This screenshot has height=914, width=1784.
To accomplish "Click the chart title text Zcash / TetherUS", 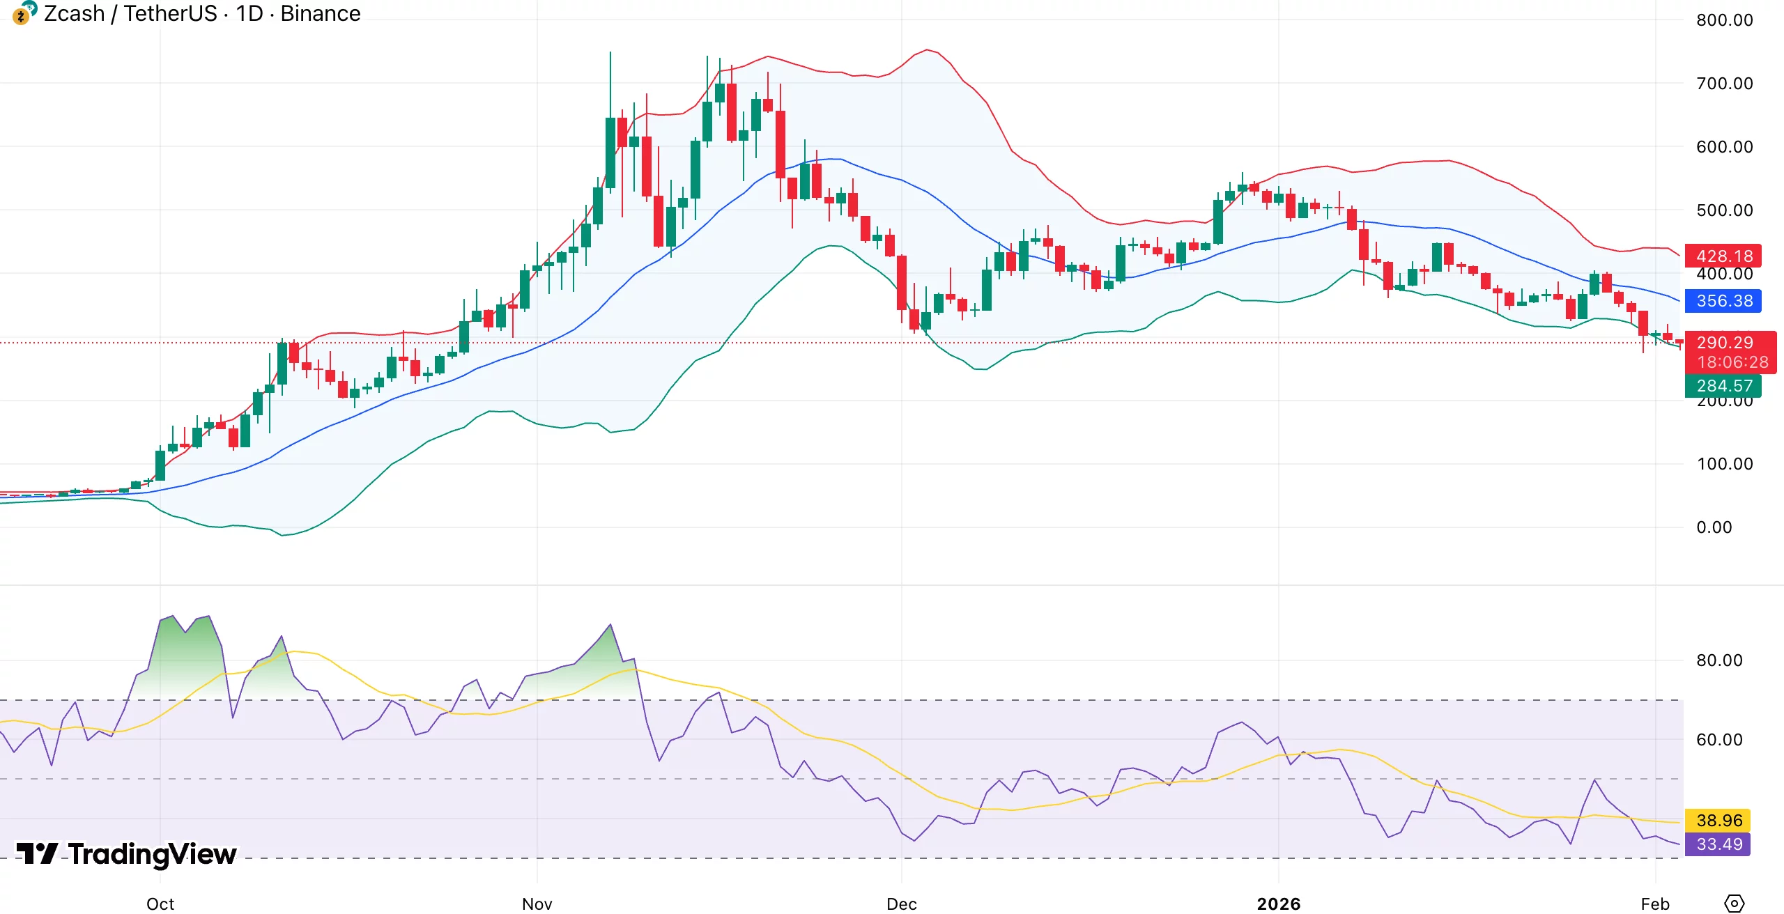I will click(130, 13).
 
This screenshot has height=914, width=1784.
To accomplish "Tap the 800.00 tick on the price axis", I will click(1724, 20).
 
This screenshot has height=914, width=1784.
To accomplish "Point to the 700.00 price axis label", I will click(1724, 84).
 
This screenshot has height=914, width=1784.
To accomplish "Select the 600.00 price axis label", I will click(1724, 147).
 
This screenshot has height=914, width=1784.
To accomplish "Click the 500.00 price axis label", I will click(1724, 210).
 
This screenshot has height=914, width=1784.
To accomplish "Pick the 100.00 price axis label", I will click(1724, 464).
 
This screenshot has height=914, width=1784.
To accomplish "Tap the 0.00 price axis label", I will click(1714, 527).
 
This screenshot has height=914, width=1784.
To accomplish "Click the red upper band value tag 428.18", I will click(1723, 256).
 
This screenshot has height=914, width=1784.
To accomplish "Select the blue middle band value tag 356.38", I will click(1723, 301).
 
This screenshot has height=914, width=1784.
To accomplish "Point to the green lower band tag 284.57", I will click(1723, 386).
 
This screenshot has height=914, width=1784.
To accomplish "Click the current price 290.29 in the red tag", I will click(1724, 343).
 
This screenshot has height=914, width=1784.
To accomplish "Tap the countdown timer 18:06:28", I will click(1732, 362).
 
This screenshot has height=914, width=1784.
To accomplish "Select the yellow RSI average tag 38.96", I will click(1718, 821).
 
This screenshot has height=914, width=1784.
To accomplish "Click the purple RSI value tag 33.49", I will click(1718, 844).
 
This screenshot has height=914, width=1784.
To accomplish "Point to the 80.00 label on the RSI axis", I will click(1718, 660).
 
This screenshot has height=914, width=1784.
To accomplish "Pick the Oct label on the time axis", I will click(160, 904).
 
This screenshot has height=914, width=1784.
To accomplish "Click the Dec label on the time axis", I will click(901, 904).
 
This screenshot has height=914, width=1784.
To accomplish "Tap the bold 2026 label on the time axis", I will click(1278, 904).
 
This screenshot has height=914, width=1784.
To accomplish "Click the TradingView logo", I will click(127, 854).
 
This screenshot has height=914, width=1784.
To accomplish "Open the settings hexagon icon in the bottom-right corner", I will click(1734, 904).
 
